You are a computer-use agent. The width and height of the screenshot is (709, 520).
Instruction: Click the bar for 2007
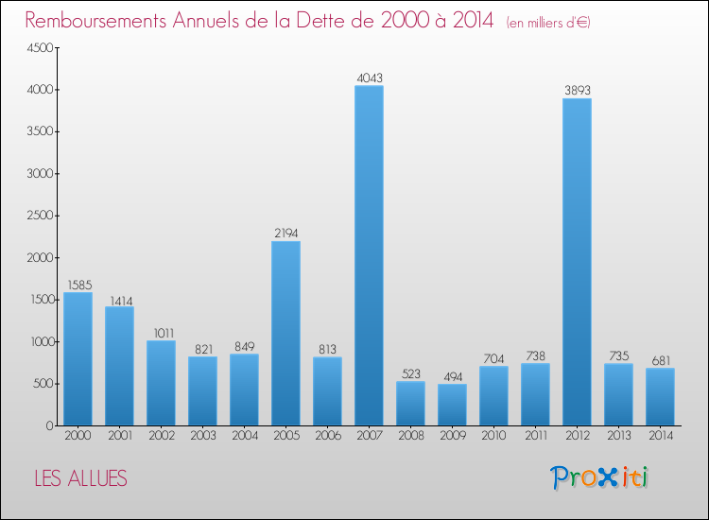click(x=369, y=255)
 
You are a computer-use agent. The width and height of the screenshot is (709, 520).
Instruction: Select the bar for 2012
click(x=577, y=262)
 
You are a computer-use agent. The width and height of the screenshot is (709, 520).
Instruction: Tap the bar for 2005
click(x=285, y=333)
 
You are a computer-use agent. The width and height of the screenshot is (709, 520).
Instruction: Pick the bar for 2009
click(x=452, y=405)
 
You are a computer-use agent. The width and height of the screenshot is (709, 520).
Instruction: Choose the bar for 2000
click(x=78, y=359)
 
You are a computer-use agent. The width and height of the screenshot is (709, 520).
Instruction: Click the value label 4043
click(x=369, y=78)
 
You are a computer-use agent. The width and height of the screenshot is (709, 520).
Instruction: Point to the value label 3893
click(x=577, y=91)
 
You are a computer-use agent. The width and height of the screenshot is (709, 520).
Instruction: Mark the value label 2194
click(x=285, y=233)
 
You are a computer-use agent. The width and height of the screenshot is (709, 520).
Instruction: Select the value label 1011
click(x=161, y=332)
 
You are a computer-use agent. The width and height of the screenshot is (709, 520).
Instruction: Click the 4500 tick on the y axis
click(x=38, y=48)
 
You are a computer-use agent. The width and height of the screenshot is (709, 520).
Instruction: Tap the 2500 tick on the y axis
click(x=38, y=216)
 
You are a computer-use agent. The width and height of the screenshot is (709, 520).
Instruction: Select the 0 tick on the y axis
click(x=47, y=425)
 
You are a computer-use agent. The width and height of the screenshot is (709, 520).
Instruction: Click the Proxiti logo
click(x=600, y=477)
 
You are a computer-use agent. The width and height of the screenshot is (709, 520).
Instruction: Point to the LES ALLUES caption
click(x=80, y=478)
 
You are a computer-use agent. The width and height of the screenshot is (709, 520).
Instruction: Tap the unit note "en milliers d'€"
click(x=548, y=23)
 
